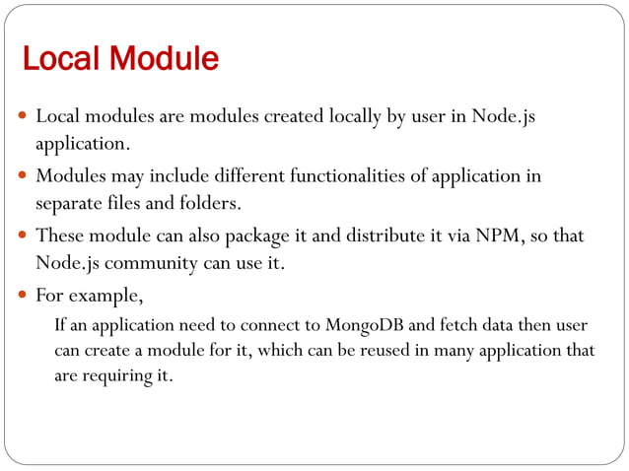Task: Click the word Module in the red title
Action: (164, 59)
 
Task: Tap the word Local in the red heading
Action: (62, 59)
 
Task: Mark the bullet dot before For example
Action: (23, 295)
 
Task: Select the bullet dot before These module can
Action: (23, 236)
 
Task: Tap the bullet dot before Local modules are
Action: (23, 117)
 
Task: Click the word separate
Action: (68, 204)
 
